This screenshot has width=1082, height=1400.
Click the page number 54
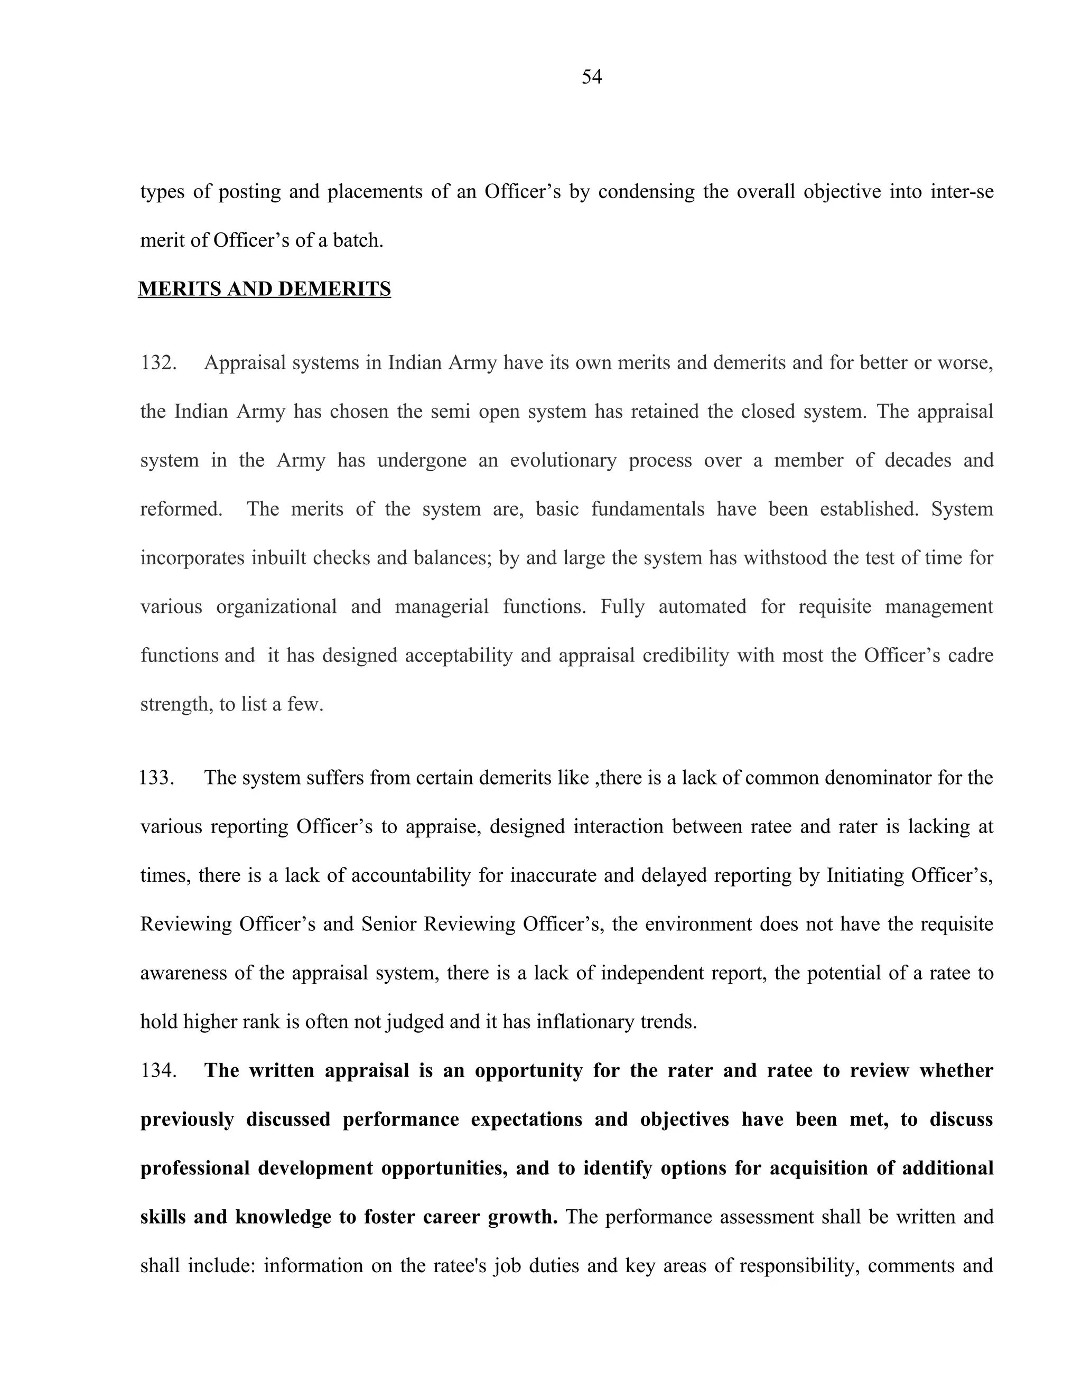click(591, 78)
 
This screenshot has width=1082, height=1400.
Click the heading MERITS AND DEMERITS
click(264, 289)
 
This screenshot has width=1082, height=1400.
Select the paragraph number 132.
click(157, 363)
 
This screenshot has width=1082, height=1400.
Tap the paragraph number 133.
click(157, 778)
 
